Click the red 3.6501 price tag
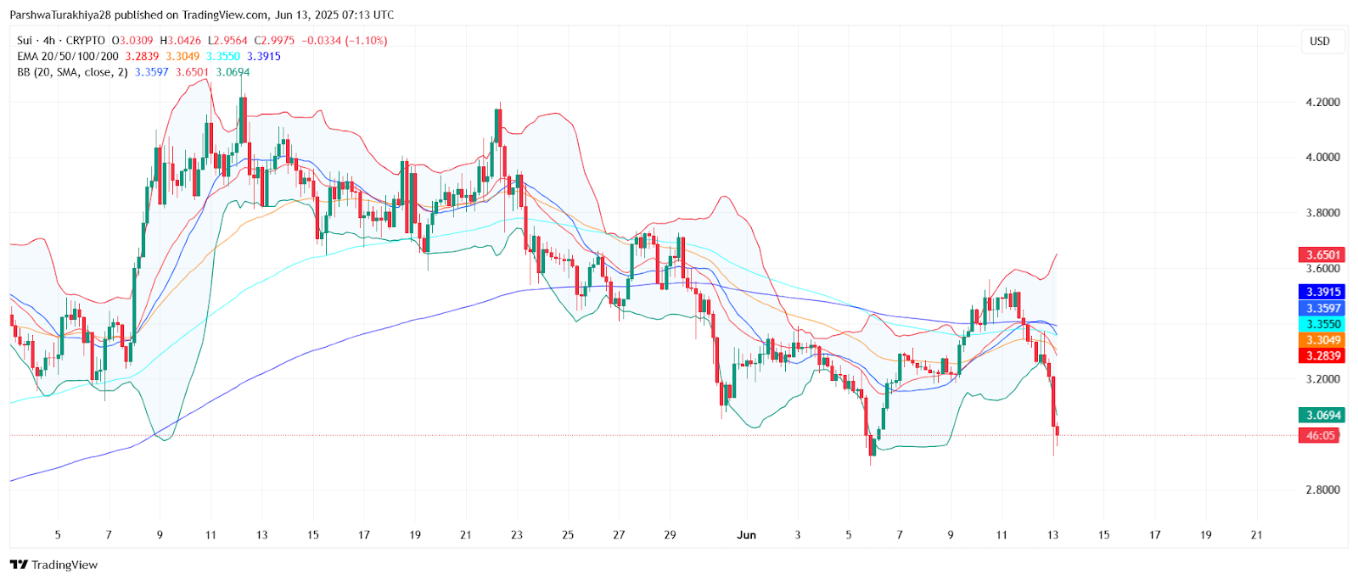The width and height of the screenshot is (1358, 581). click(1322, 254)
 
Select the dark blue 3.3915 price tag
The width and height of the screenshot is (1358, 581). click(1322, 292)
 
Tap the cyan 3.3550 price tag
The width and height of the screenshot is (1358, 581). click(1322, 324)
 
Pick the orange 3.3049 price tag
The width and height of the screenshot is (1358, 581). click(1322, 340)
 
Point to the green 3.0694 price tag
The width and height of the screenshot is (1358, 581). click(1322, 415)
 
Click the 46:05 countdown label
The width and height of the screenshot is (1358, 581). click(1321, 435)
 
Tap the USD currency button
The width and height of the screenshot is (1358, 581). click(1320, 41)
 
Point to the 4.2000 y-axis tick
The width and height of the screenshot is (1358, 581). click(1322, 102)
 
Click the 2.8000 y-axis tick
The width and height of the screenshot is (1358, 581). click(1322, 489)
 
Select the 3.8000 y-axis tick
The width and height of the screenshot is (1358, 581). click(1322, 213)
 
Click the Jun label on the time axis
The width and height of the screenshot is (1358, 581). click(746, 534)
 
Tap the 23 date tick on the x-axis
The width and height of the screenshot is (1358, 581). click(517, 534)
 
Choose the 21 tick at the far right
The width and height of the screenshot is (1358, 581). click(1257, 534)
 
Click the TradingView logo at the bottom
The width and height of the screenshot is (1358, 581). click(54, 565)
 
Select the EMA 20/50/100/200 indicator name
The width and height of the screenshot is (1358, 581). click(68, 56)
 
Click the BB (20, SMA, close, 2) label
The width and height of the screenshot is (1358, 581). click(72, 72)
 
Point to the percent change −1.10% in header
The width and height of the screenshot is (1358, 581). click(366, 40)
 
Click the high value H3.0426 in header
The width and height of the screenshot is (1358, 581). click(180, 40)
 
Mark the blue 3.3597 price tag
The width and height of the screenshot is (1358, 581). click(1322, 308)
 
